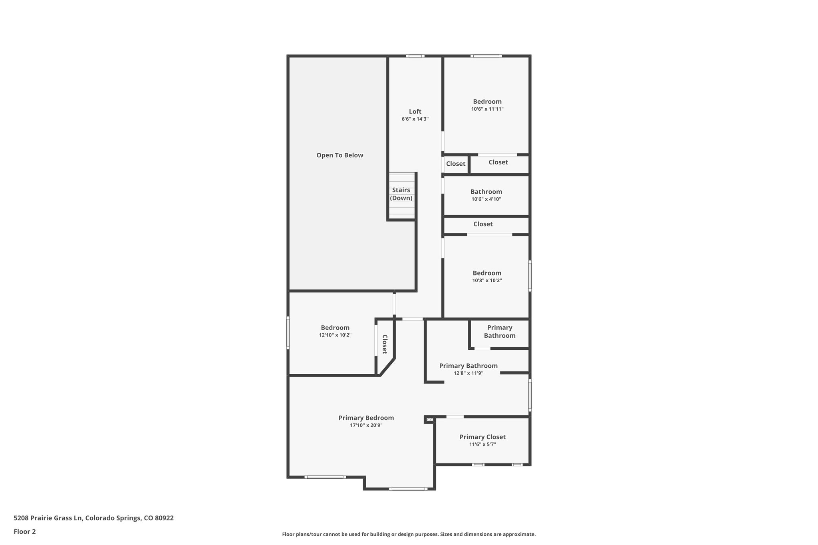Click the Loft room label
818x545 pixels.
tap(415, 112)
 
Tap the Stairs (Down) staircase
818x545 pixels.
tap(401, 196)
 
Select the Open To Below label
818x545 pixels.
tap(340, 155)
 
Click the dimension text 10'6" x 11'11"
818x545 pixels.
tap(487, 109)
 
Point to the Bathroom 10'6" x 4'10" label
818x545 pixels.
tap(486, 192)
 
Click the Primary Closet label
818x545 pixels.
tap(482, 437)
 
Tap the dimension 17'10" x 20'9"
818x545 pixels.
tap(366, 426)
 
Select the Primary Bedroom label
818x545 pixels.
tap(366, 418)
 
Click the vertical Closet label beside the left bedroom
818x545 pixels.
tap(385, 344)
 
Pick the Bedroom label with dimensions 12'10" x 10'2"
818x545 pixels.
tap(335, 328)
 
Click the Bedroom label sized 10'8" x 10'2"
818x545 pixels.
tap(487, 273)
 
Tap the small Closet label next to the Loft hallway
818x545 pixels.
tap(456, 164)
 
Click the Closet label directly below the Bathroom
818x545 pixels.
tap(483, 224)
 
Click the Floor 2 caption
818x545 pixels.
tap(25, 531)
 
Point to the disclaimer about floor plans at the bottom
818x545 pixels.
tap(409, 534)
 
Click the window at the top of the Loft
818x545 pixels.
tap(415, 56)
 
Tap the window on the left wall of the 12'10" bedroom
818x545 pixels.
tap(288, 333)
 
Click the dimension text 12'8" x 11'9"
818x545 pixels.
tap(469, 373)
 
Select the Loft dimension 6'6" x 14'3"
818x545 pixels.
tap(415, 119)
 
